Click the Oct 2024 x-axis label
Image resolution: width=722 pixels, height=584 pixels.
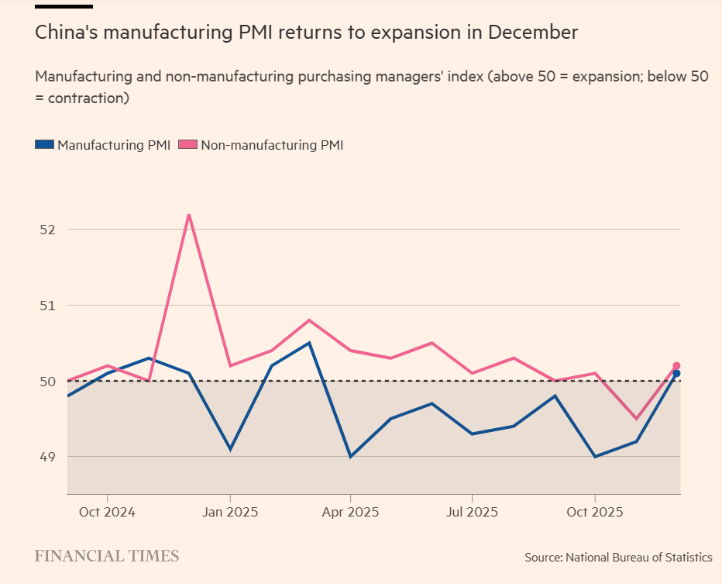[107, 513]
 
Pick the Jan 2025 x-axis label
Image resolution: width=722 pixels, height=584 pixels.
[229, 513]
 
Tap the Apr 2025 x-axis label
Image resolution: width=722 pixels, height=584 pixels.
[350, 513]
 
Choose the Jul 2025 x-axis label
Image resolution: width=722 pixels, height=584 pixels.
[472, 513]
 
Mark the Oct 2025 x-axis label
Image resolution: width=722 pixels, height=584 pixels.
[594, 513]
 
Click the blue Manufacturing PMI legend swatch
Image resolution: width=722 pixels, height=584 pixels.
[45, 145]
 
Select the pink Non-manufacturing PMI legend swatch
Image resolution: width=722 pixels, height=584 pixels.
[188, 145]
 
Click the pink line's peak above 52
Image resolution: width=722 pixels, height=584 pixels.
[189, 214]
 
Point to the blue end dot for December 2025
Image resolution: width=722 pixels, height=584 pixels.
[676, 374]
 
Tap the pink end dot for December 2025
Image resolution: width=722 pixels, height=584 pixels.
[676, 365]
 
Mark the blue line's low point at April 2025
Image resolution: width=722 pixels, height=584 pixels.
[350, 457]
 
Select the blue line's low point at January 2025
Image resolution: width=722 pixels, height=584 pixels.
[230, 449]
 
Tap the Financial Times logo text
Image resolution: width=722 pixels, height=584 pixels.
[107, 556]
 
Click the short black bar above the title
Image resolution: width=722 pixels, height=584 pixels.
[64, 6]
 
